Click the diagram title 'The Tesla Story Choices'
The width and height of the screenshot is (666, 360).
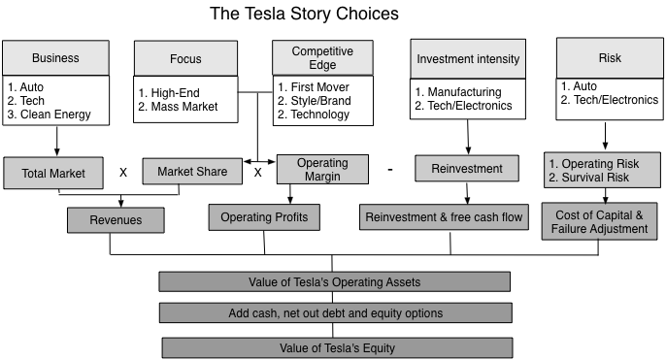(x=304, y=15)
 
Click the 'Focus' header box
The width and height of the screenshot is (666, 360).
(x=185, y=57)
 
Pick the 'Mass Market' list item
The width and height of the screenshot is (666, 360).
(x=183, y=107)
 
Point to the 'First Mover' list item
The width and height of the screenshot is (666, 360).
(x=315, y=86)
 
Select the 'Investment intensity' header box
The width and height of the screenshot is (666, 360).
(x=467, y=58)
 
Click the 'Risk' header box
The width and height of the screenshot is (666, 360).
(x=609, y=57)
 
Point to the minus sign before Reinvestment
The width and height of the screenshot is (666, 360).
(x=389, y=170)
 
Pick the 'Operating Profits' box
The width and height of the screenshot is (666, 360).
(x=263, y=217)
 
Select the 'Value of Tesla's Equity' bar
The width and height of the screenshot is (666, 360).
(x=335, y=347)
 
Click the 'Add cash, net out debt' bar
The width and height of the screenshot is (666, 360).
(x=335, y=313)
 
